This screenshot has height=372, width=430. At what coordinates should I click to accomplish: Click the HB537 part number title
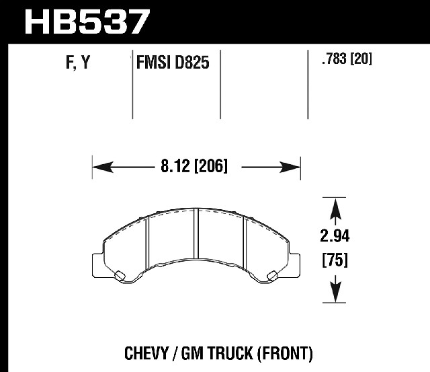[x=87, y=22]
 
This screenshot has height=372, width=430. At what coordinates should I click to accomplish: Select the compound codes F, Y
[x=78, y=63]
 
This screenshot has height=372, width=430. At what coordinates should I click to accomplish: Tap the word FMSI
[x=153, y=63]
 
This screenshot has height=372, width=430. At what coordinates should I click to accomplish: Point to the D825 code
[x=191, y=63]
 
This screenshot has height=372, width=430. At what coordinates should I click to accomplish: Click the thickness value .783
[x=335, y=59]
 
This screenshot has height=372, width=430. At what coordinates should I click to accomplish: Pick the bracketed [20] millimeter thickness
[x=361, y=59]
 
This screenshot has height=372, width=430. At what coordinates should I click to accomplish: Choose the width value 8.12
[x=175, y=166]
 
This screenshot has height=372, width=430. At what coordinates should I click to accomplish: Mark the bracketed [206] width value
[x=210, y=166]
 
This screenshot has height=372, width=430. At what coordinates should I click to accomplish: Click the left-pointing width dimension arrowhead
[x=103, y=168]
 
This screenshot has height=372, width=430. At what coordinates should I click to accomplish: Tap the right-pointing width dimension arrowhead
[x=290, y=168]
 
